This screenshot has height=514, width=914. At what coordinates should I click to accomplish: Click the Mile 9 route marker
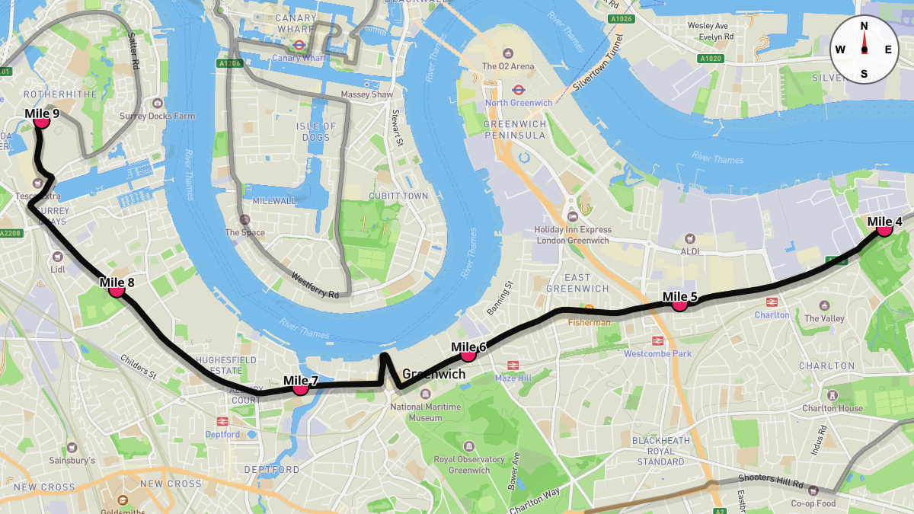tap(42, 121)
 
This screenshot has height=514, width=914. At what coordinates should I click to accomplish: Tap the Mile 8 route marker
tap(117, 289)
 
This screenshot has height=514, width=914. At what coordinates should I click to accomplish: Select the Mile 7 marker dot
tap(300, 388)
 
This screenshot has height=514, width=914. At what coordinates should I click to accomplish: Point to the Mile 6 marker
tap(468, 354)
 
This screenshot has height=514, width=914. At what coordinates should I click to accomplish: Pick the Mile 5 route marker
tap(679, 303)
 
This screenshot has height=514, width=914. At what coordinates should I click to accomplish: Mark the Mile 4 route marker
tap(884, 228)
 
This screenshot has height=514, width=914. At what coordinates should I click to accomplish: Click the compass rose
tap(864, 49)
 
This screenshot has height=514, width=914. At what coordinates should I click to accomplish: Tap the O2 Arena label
tap(508, 66)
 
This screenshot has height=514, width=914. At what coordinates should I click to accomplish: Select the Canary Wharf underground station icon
tap(301, 46)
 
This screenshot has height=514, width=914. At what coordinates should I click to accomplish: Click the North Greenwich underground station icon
tap(518, 90)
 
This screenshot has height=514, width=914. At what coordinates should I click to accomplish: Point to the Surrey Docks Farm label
tap(157, 117)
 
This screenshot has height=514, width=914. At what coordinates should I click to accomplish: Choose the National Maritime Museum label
tap(427, 412)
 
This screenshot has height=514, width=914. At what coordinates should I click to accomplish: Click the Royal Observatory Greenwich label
tap(469, 465)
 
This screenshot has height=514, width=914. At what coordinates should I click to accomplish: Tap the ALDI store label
tap(690, 251)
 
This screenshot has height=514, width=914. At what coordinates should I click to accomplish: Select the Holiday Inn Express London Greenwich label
tap(572, 235)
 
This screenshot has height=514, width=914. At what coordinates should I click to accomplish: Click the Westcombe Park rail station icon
tap(657, 341)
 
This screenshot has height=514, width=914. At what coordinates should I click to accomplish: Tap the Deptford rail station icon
tap(223, 421)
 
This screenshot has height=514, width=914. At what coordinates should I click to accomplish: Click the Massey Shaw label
tap(366, 94)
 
